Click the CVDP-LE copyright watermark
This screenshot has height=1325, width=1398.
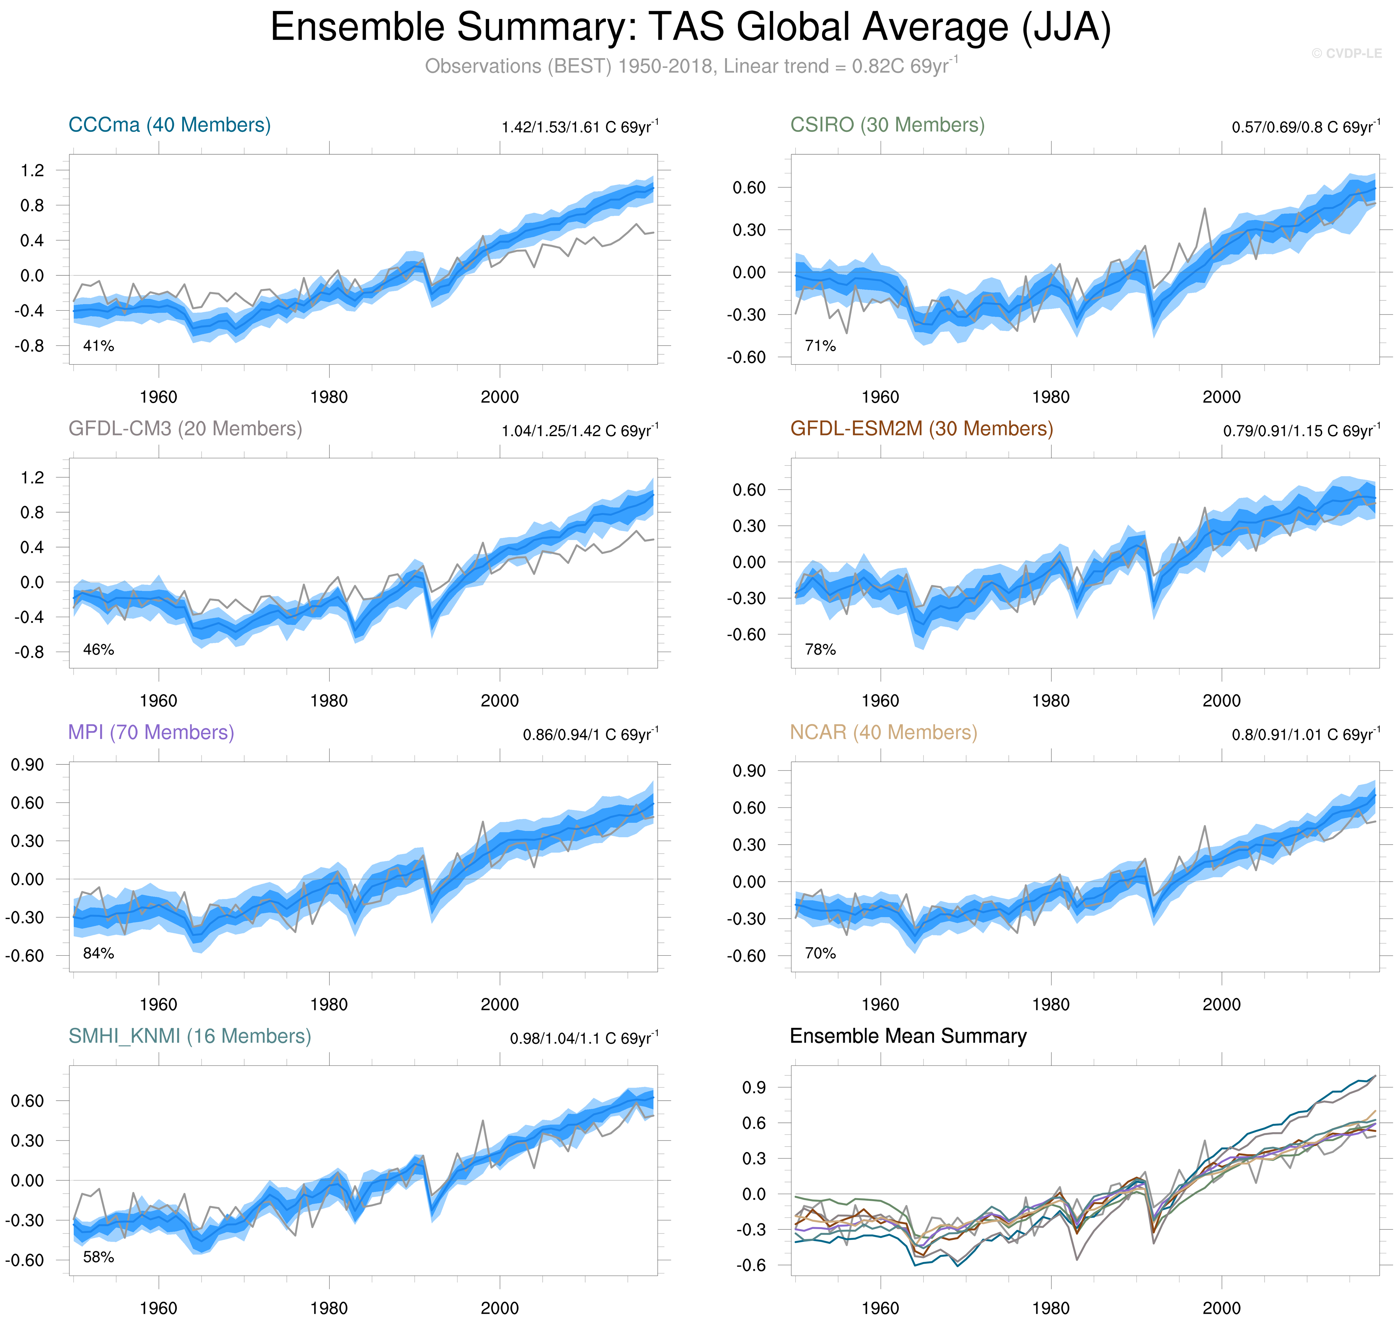pyautogui.click(x=1346, y=54)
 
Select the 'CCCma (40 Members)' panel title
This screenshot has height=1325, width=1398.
pyautogui.click(x=169, y=125)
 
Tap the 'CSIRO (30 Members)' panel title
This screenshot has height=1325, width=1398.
pyautogui.click(x=887, y=125)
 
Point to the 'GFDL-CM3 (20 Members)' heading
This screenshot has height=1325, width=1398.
pyautogui.click(x=185, y=429)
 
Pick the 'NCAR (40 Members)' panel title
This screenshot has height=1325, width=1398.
pyautogui.click(x=883, y=732)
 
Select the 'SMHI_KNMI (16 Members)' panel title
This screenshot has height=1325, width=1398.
pyautogui.click(x=189, y=1036)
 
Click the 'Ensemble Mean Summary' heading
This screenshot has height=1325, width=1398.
pyautogui.click(x=908, y=1036)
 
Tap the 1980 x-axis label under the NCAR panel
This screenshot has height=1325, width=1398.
pyautogui.click(x=1051, y=1004)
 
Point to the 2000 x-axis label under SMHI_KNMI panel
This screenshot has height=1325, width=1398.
pyautogui.click(x=499, y=1308)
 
